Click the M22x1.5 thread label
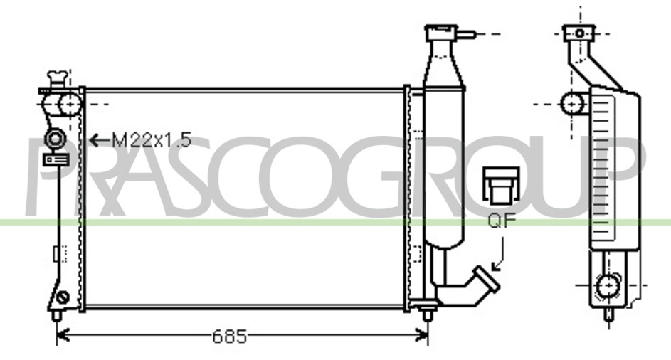click(x=151, y=140)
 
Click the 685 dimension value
click(x=230, y=337)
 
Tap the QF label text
click(x=502, y=220)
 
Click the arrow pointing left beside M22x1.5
click(x=100, y=140)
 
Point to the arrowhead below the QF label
click(x=497, y=266)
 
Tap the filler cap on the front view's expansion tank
click(x=441, y=33)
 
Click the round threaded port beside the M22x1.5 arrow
click(x=55, y=139)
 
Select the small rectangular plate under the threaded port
click(x=56, y=159)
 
